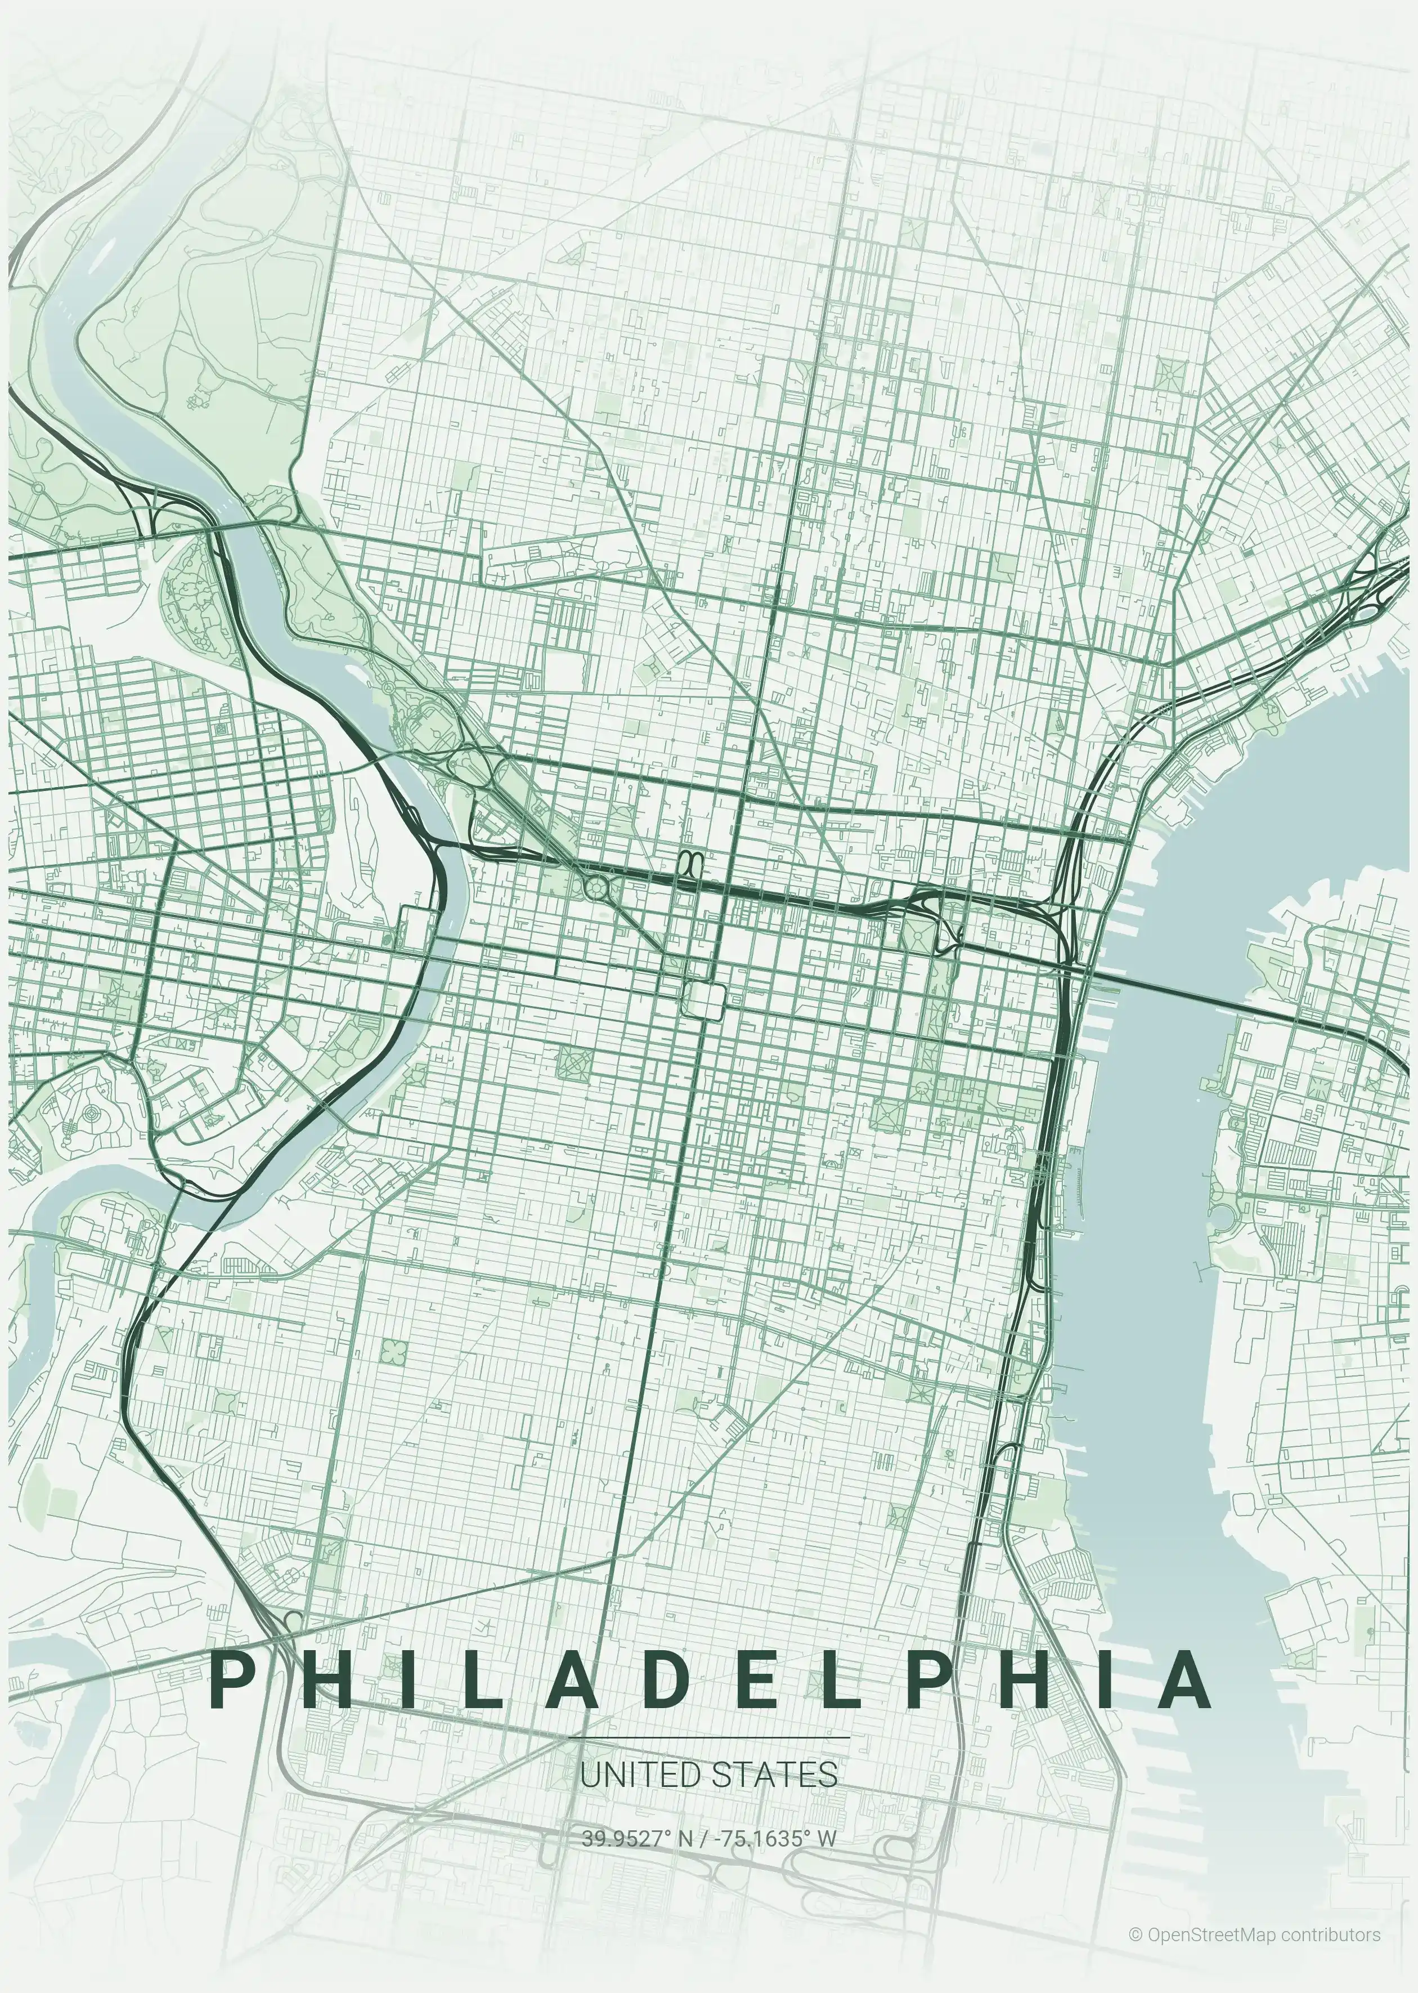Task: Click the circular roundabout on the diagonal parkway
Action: [x=597, y=888]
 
